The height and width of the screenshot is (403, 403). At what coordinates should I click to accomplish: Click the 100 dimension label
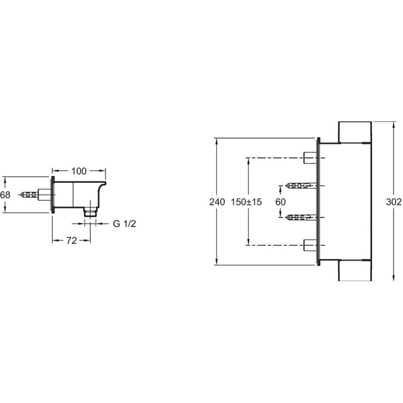point(79,171)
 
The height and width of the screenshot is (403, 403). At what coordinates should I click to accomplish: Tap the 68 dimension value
point(5,195)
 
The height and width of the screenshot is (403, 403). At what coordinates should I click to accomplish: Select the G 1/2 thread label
point(124,224)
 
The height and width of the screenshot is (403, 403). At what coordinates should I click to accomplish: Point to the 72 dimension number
point(72,241)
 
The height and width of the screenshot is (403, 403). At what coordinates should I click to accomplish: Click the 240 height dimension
point(217,202)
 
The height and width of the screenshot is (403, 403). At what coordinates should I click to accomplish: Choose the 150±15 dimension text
point(246,202)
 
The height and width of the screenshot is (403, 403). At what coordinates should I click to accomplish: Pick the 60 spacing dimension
point(281,202)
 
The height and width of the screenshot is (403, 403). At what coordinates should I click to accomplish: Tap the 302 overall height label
point(394,202)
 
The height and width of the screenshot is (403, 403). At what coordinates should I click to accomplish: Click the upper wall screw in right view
point(301,185)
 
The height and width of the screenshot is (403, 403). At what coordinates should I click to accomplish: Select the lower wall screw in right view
point(301,218)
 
